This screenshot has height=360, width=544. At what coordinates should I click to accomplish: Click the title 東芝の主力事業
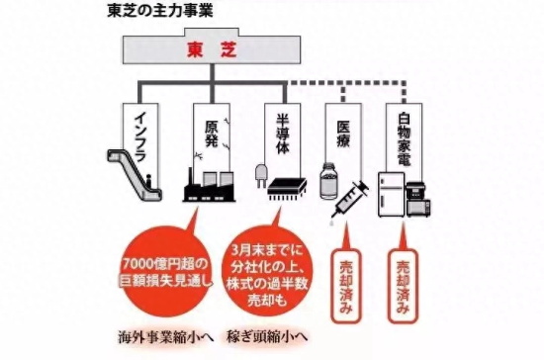click(160, 11)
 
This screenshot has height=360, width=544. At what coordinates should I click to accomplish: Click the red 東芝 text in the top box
click(212, 49)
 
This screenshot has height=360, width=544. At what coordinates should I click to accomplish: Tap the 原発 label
click(212, 134)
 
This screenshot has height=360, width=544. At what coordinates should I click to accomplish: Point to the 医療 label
click(343, 134)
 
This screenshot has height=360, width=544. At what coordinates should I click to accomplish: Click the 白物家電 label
click(404, 139)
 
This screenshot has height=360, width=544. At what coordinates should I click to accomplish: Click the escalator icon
click(135, 175)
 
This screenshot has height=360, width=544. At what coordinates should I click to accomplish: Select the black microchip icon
click(287, 190)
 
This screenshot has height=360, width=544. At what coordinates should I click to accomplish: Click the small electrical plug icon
click(261, 175)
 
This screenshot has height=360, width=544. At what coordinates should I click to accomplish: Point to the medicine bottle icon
click(328, 181)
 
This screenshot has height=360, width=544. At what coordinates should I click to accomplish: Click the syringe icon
click(350, 201)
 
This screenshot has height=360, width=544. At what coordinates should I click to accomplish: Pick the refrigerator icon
click(391, 195)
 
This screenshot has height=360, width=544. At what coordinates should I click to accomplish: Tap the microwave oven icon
click(418, 208)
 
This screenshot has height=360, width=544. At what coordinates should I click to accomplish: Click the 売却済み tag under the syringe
click(345, 286)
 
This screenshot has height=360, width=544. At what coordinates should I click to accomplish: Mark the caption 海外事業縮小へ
click(166, 337)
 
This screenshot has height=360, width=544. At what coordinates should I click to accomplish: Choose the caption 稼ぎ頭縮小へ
click(267, 336)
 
